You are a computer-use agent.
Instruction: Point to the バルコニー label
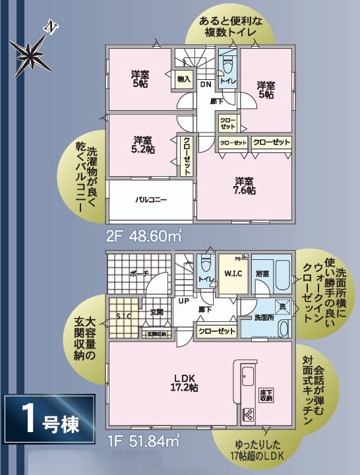pos(152,199)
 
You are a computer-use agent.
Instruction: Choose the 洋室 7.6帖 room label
pos(243,186)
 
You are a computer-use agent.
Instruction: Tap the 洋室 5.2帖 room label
pos(143,144)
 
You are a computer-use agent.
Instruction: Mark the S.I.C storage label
pos(124,316)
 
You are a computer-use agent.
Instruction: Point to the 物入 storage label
pos(184,80)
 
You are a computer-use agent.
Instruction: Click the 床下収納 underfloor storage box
pos(266,395)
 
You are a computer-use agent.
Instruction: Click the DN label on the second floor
pos(205,84)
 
